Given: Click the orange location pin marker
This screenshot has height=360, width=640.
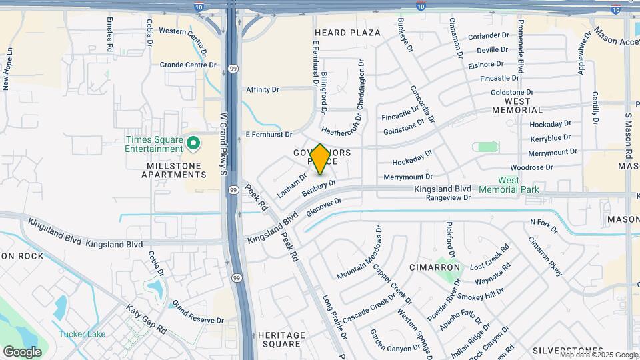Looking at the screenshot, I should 320,159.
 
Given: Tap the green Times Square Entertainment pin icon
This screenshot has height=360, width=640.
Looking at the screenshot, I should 193,143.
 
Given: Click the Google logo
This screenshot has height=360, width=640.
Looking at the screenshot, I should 22,351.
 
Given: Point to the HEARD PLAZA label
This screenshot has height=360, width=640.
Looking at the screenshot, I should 347,33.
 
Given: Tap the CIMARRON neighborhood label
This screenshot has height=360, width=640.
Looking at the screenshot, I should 435,267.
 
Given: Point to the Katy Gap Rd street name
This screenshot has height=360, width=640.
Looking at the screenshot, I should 147,319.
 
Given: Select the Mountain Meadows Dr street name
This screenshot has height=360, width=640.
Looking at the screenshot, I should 360,253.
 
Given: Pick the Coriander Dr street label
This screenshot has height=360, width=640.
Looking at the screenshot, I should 489,35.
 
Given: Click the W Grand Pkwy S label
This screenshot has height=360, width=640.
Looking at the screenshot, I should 224,143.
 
